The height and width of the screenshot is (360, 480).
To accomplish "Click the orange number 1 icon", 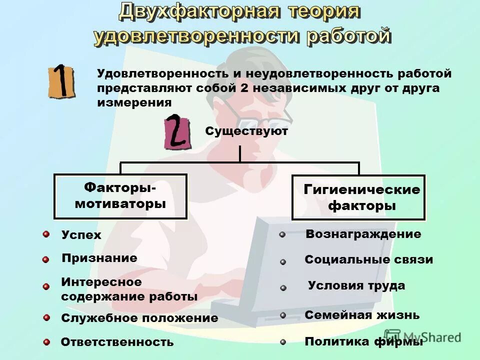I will pos(61,81).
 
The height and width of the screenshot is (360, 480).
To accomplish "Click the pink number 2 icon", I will pos(177,133).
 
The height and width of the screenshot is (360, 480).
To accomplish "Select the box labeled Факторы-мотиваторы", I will pos(120,196).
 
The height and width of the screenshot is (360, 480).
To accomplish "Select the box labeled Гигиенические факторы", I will pos(358,197).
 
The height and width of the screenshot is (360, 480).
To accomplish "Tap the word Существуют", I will pos(246,131).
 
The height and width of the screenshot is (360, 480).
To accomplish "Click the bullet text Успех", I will pos(81,235).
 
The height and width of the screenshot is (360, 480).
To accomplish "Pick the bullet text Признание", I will pos(99,258).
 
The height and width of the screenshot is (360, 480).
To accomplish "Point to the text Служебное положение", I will pos(139,318).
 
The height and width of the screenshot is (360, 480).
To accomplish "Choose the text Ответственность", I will pos(117,342).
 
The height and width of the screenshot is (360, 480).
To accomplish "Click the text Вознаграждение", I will pos(363,234).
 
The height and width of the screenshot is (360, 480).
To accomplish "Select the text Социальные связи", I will pos(368,260).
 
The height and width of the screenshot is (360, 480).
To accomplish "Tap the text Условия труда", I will pos(356,286).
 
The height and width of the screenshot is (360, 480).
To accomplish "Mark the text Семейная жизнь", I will pos(362,315).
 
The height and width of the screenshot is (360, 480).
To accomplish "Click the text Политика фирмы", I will pos(363,342).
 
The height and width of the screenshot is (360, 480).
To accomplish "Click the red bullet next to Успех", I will pos(46,234).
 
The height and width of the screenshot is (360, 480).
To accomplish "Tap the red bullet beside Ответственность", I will pos(46,342).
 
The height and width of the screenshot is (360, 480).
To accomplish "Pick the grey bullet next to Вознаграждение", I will pos(282,234).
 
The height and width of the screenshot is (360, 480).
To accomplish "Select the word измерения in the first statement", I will pos(134,103).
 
